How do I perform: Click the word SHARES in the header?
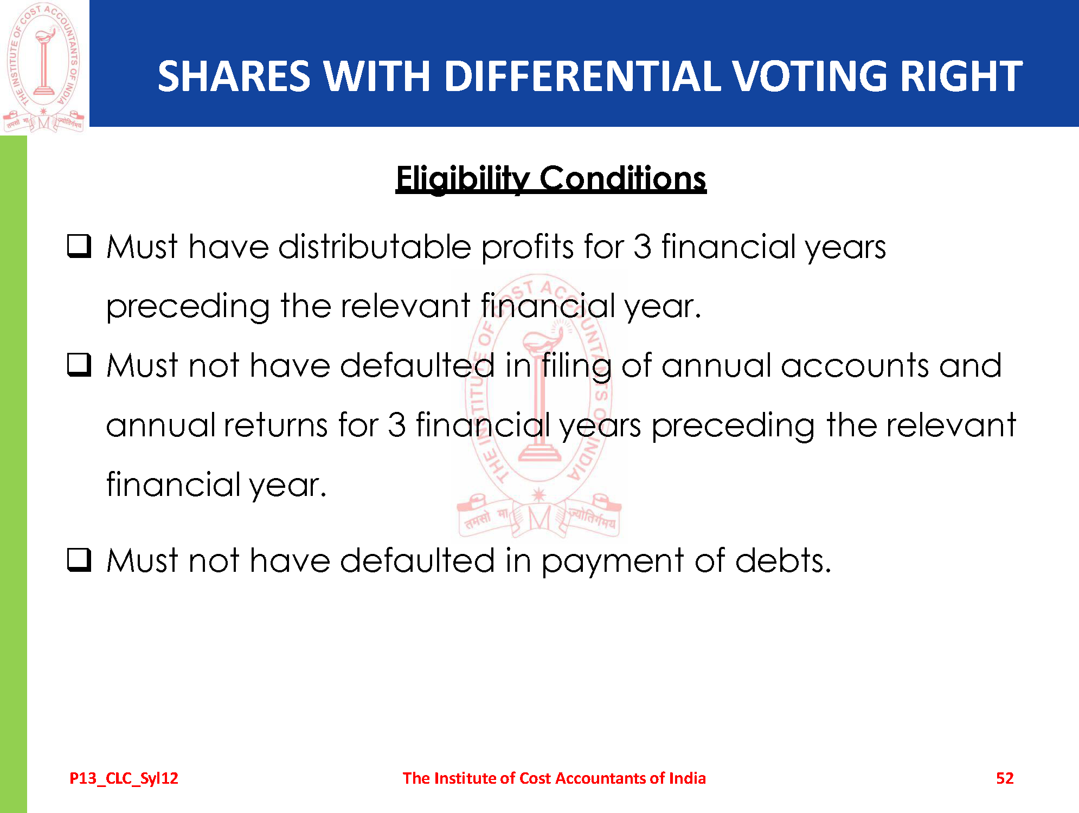pyautogui.click(x=234, y=76)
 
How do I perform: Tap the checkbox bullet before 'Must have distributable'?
pyautogui.click(x=79, y=246)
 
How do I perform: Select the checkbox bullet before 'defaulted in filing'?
pyautogui.click(x=79, y=364)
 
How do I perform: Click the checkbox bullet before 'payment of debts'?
pyautogui.click(x=79, y=559)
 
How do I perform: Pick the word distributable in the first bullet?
pyautogui.click(x=375, y=247)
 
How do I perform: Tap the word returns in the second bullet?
pyautogui.click(x=276, y=425)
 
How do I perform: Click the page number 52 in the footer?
pyautogui.click(x=1005, y=778)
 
